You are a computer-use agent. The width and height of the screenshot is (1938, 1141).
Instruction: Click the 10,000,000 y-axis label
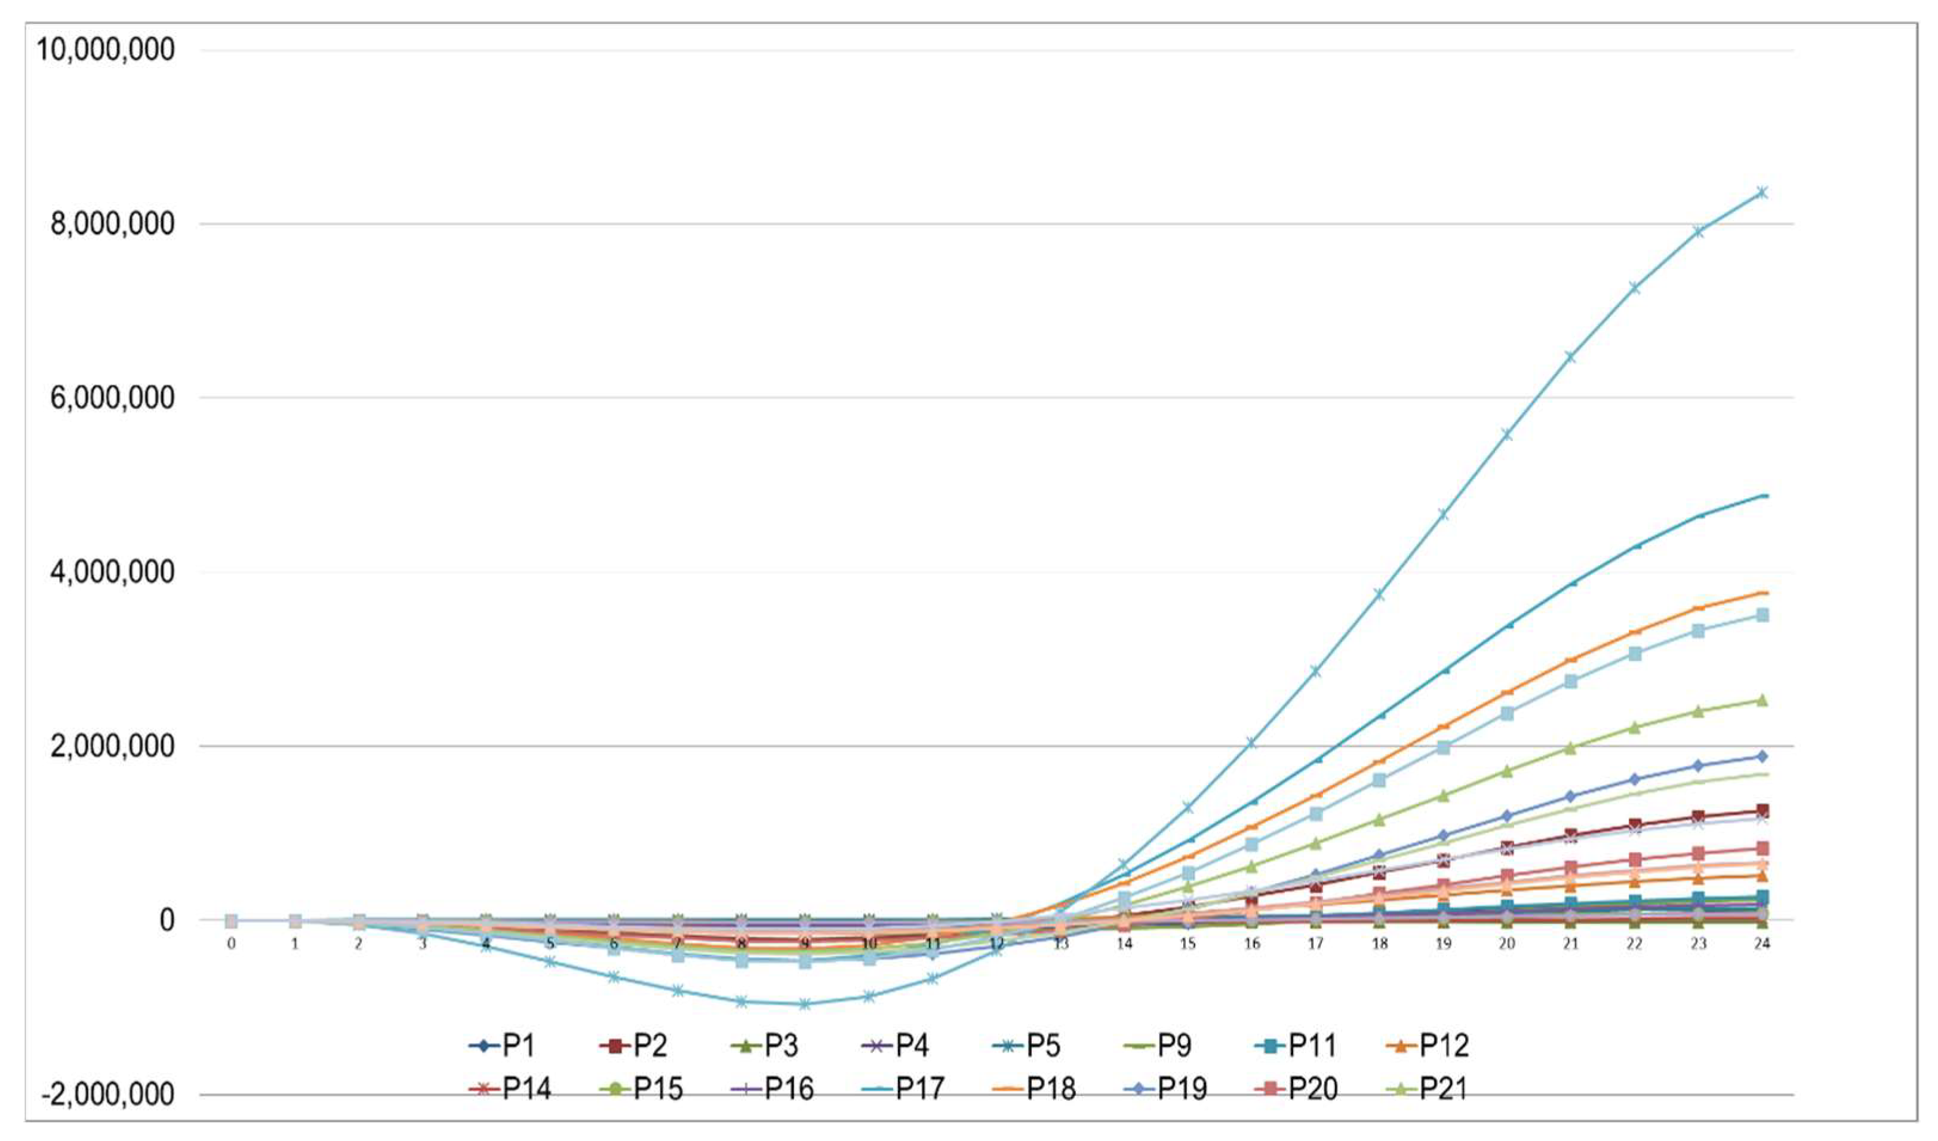click(105, 50)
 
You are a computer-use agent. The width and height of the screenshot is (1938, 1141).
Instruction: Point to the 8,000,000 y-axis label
click(112, 224)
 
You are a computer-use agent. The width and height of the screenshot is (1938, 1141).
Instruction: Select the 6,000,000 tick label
click(112, 398)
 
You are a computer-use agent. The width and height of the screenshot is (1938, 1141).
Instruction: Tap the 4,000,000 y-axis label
click(112, 572)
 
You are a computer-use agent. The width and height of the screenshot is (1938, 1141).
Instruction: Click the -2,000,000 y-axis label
click(107, 1093)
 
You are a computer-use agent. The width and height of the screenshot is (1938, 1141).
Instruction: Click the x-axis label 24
click(1761, 943)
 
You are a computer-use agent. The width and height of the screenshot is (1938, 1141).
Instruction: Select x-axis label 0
click(230, 943)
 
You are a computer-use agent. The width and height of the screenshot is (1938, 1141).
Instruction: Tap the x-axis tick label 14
click(1124, 943)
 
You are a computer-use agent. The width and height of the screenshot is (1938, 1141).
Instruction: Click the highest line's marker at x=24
click(1761, 192)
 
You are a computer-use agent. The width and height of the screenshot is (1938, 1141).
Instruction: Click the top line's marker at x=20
click(1506, 435)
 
